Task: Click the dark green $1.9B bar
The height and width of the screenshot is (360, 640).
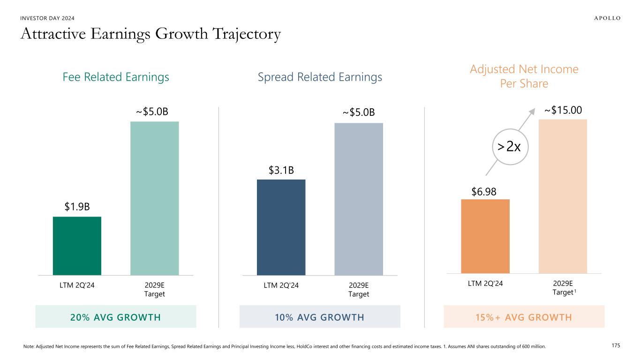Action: coord(77,246)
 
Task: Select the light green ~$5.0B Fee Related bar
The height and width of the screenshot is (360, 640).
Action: coord(154,198)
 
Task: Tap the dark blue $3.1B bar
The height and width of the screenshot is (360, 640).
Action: coord(281,227)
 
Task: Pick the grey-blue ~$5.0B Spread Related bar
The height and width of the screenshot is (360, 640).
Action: coord(358,199)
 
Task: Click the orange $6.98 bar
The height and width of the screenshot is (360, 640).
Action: coord(485,236)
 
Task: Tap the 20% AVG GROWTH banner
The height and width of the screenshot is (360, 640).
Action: coord(116,317)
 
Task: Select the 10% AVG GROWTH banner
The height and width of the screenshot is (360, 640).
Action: coord(320,317)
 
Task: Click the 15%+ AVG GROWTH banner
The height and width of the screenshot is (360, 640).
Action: coord(524,317)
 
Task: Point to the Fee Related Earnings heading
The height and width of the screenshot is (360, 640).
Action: coord(116,77)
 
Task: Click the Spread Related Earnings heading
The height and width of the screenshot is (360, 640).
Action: coord(320,77)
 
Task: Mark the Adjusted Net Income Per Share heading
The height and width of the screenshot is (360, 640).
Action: coord(524,76)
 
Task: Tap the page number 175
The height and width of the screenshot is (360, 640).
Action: coord(616,345)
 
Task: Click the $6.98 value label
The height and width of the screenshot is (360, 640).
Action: coord(483,191)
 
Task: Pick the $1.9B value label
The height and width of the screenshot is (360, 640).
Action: coord(77,207)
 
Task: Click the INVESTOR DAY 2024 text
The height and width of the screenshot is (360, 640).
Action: coord(47,18)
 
